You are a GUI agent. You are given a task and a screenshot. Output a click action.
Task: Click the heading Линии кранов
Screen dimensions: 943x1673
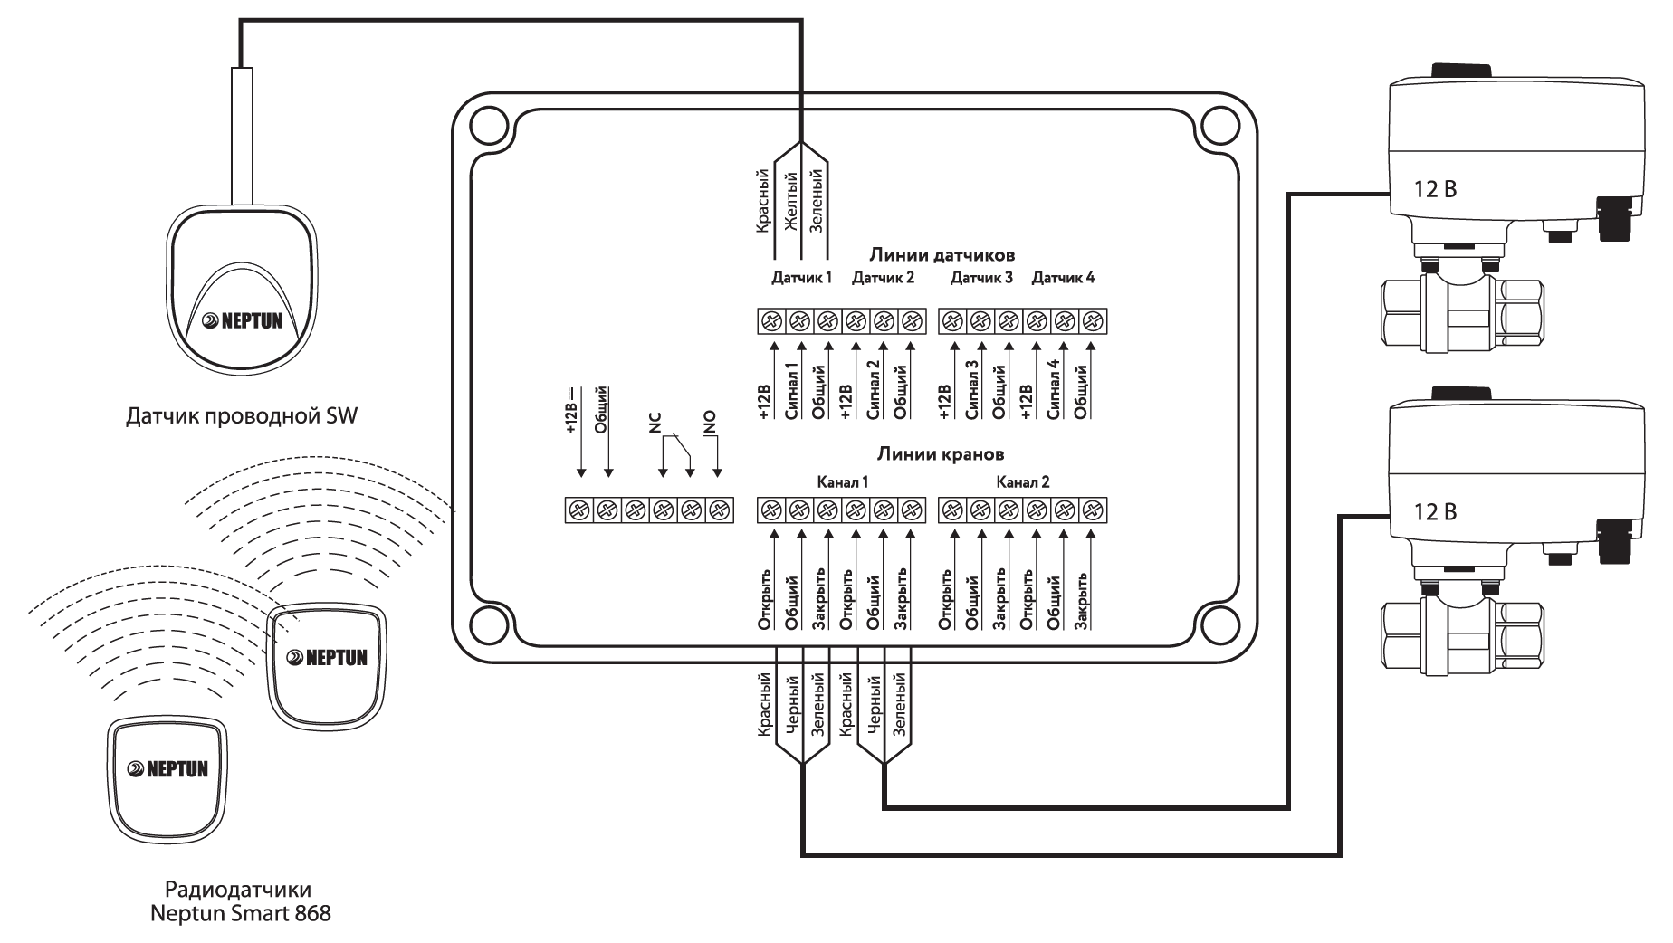(x=941, y=453)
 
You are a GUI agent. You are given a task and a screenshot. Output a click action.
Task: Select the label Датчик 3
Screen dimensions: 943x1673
(x=981, y=277)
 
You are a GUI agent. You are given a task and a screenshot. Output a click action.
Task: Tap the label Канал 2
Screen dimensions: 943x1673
(x=1023, y=482)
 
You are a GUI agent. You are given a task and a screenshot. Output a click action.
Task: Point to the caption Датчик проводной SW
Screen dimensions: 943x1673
(x=241, y=416)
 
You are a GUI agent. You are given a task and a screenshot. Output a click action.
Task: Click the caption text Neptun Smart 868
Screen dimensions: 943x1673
(x=241, y=913)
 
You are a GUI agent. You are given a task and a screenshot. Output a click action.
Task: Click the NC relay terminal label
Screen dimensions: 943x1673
(x=656, y=423)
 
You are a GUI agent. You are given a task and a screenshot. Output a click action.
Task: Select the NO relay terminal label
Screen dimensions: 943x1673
(x=710, y=422)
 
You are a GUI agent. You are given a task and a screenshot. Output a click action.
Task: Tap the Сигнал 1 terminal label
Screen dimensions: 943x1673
(x=792, y=390)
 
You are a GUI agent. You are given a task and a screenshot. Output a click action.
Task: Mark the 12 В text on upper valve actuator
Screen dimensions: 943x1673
(x=1435, y=190)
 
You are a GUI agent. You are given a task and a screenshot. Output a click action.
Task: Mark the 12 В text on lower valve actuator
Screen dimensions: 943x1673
(x=1435, y=512)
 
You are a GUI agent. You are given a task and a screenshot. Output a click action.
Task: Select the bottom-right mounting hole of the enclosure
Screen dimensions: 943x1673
(x=1219, y=623)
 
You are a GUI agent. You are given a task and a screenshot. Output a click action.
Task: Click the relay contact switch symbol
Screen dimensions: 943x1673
(x=677, y=450)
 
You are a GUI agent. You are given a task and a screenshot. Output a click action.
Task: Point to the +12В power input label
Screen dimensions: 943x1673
(x=573, y=412)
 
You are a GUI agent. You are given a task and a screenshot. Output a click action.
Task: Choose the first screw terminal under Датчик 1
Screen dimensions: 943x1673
(x=772, y=321)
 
